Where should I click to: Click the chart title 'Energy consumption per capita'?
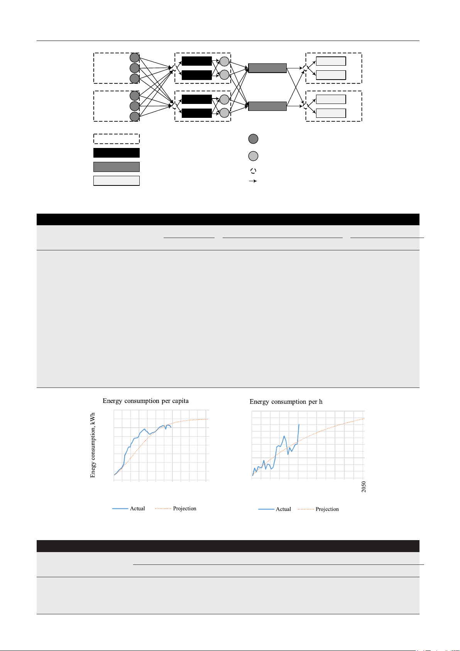tap(146, 401)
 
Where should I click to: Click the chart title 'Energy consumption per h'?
tap(286, 402)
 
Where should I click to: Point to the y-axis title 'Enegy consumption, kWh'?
tap(93, 445)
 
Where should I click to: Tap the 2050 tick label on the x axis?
tap(364, 487)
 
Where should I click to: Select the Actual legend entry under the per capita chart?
tap(129, 508)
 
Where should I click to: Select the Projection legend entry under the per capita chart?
tap(176, 508)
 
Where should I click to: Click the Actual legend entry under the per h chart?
tap(274, 509)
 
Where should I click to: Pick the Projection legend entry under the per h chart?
tap(318, 509)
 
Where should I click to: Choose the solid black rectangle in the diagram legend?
tap(117, 153)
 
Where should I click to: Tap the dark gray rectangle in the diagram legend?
tap(117, 167)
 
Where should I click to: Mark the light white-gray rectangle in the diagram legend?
tap(117, 181)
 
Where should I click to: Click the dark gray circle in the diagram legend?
tap(254, 139)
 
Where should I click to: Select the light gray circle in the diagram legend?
tap(254, 156)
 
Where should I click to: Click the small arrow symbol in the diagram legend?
tap(253, 181)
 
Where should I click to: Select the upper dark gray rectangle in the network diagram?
tap(267, 68)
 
